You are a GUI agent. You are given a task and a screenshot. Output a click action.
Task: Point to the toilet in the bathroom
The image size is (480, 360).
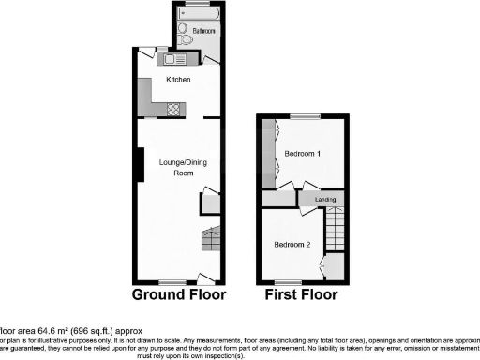184,39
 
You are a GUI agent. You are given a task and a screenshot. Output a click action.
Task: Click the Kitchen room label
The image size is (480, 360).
178,80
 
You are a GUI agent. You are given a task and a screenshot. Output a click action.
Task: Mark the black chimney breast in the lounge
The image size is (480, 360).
140,165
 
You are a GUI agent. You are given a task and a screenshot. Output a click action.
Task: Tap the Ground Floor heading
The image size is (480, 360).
179,294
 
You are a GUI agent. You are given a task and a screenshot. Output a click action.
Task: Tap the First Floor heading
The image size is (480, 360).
302,294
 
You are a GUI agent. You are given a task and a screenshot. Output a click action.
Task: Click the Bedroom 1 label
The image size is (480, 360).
304,153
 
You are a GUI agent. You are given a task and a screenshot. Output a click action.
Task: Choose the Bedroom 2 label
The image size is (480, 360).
292,245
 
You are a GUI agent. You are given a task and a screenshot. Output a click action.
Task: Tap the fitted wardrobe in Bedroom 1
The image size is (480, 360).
269,154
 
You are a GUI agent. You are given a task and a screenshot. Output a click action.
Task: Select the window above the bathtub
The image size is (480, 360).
198,3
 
